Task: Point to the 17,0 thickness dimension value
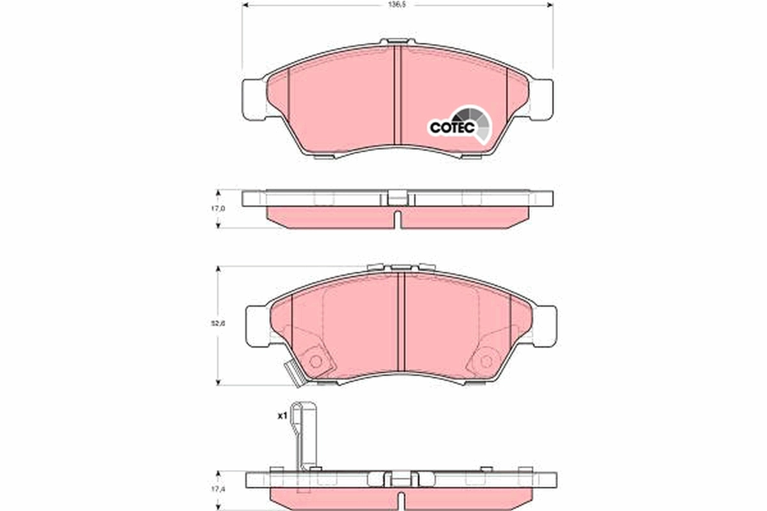(x=219, y=209)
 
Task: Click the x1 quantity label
(x=281, y=416)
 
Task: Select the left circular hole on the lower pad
(x=314, y=361)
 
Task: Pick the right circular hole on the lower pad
(x=485, y=361)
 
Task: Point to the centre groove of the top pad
(x=397, y=96)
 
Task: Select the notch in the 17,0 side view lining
(x=396, y=218)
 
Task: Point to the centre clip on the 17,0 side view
(x=396, y=198)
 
